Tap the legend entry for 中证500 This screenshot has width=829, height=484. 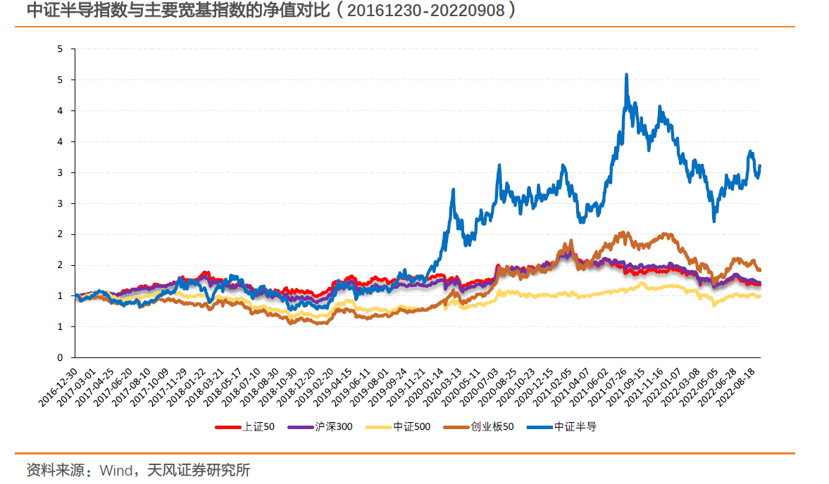click(408, 426)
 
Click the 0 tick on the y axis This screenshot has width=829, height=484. click(61, 357)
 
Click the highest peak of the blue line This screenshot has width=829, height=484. click(626, 75)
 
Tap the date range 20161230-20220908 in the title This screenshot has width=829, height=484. click(421, 11)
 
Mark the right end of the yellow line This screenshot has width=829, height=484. click(759, 296)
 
